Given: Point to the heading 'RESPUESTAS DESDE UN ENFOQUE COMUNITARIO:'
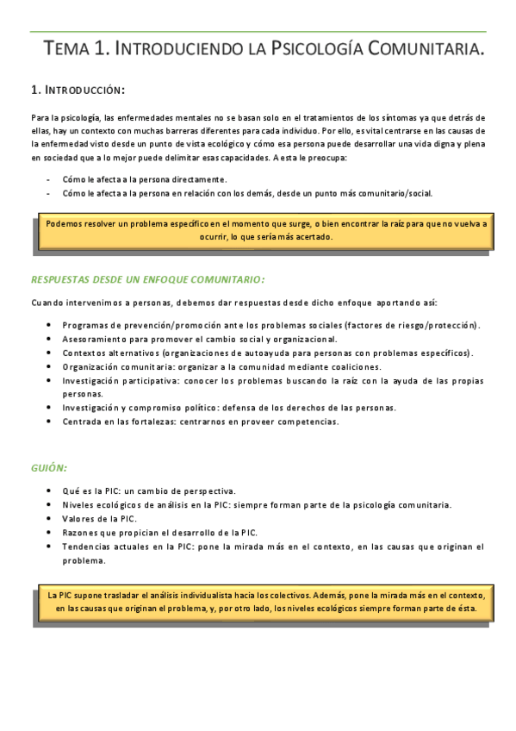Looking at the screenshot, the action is point(147,279).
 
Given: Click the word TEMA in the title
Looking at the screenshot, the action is point(67,51).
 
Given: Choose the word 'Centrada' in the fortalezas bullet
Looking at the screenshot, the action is point(80,422).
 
